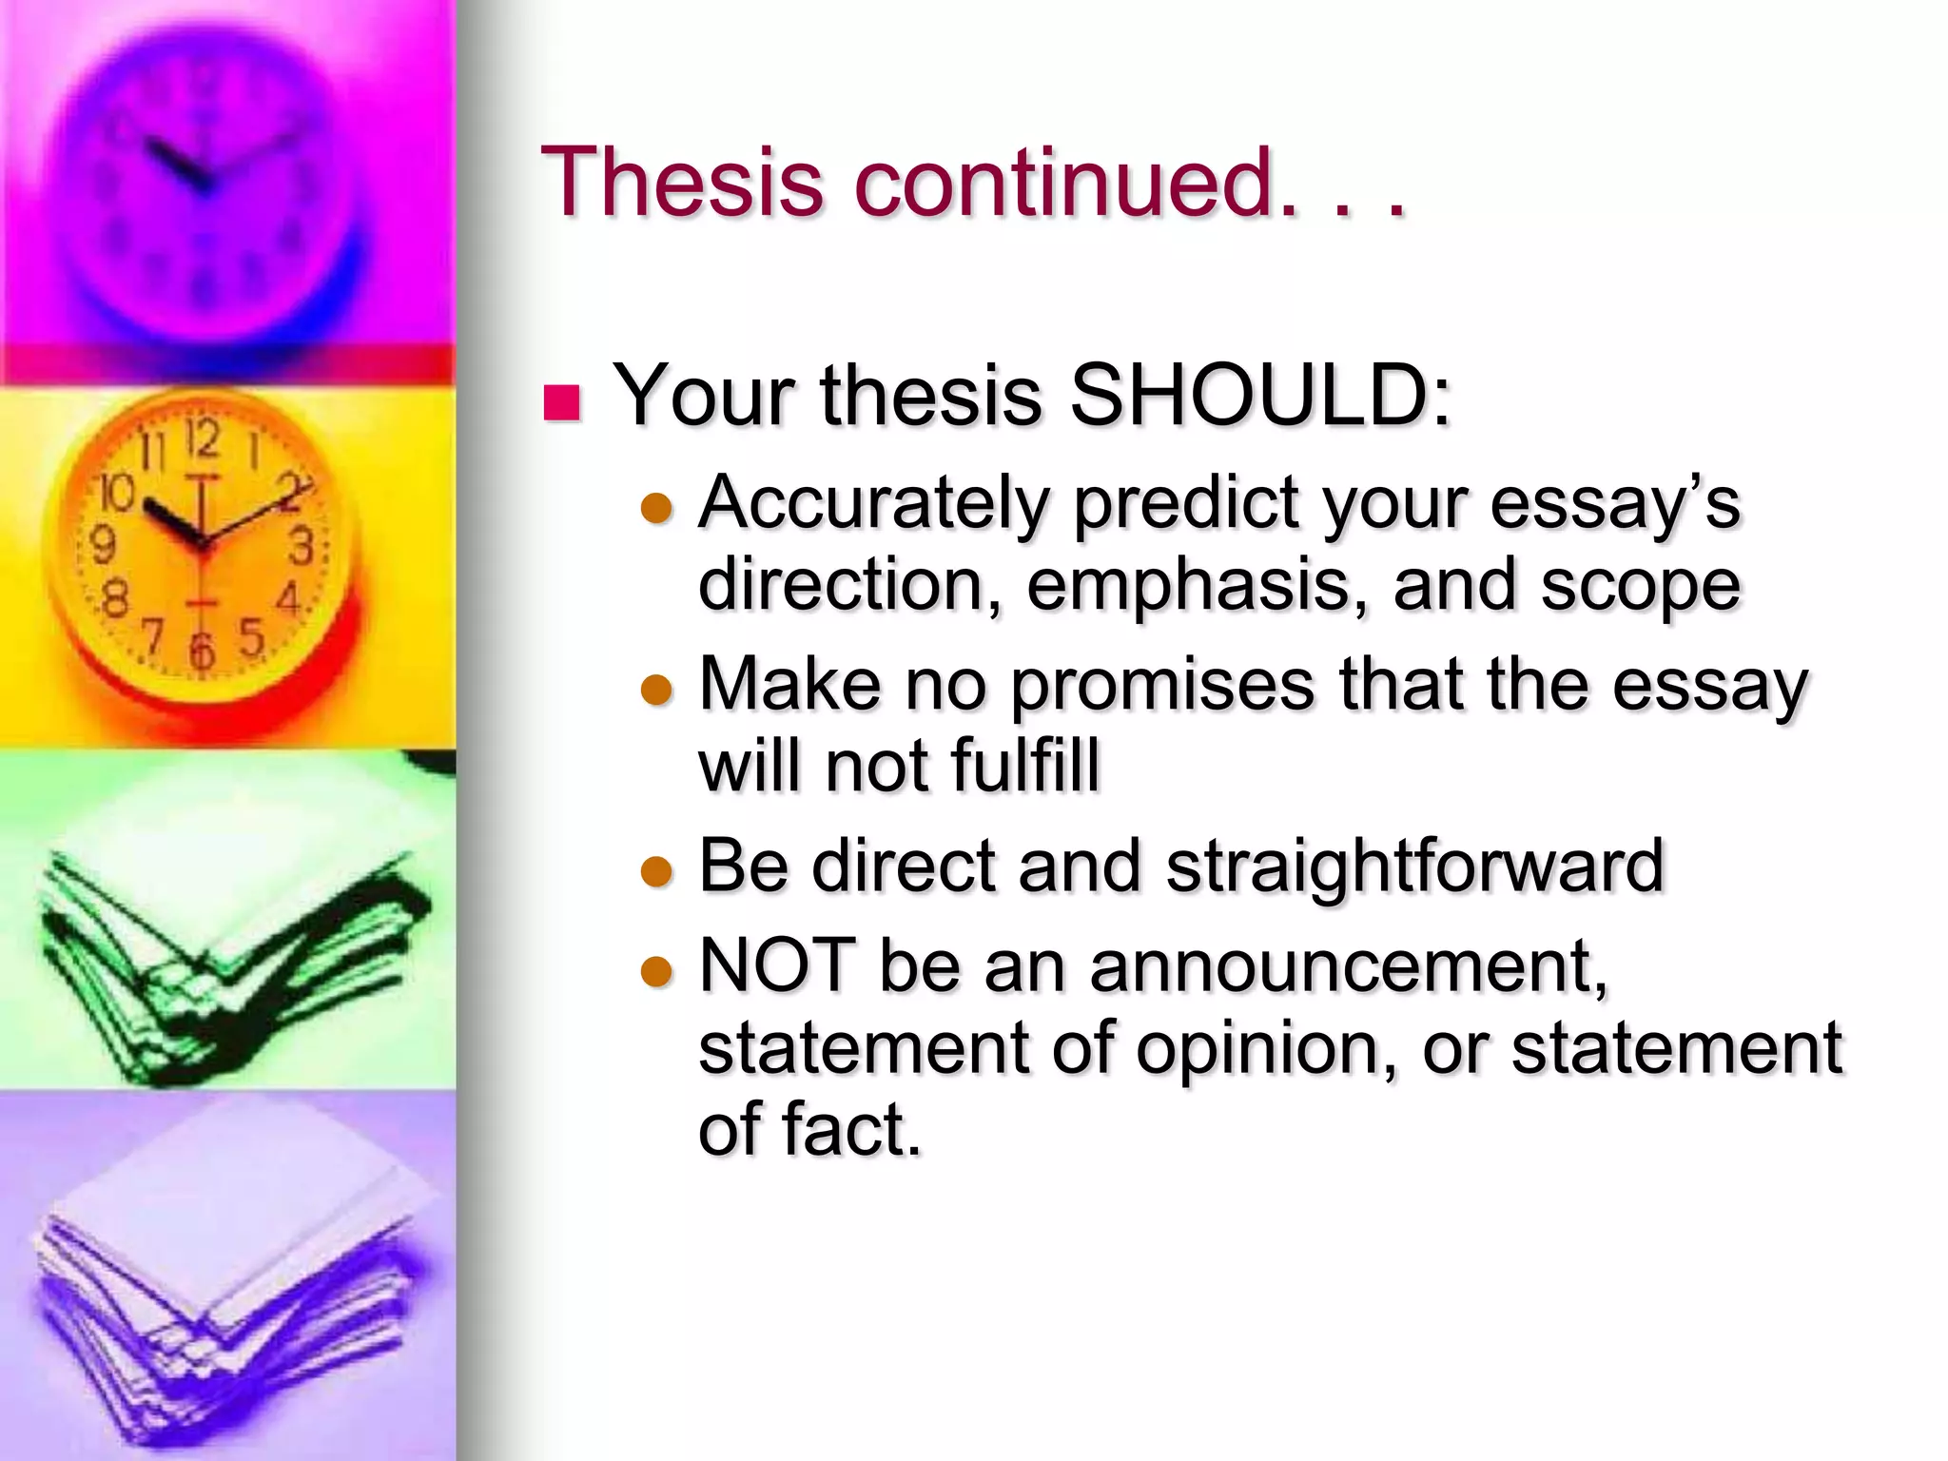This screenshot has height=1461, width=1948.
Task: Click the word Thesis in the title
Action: click(681, 182)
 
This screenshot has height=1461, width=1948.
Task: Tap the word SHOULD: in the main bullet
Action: click(1260, 396)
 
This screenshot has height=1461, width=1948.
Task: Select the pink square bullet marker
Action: click(561, 402)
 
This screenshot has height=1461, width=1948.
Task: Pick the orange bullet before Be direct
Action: click(656, 870)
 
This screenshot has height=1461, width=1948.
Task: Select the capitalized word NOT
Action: click(776, 965)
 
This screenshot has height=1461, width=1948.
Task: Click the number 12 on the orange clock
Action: click(203, 439)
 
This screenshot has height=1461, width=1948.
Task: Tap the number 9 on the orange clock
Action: click(102, 545)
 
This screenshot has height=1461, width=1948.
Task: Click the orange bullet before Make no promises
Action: click(656, 689)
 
